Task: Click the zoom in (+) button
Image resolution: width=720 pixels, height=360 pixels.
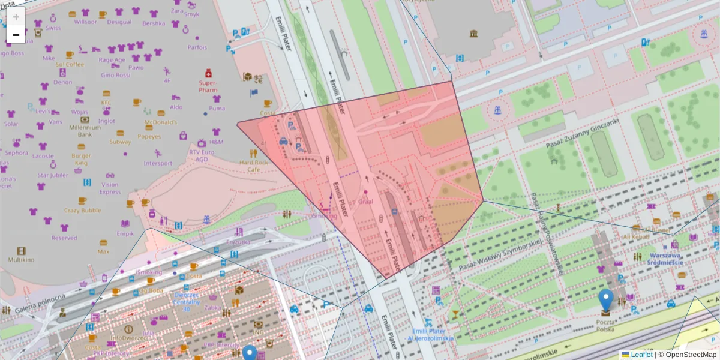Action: pyautogui.click(x=16, y=17)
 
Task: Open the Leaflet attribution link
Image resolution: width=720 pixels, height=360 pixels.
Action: pyautogui.click(x=641, y=355)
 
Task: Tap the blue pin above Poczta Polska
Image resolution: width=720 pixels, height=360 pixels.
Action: pyautogui.click(x=607, y=299)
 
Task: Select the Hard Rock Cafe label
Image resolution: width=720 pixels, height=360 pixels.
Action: pyautogui.click(x=254, y=166)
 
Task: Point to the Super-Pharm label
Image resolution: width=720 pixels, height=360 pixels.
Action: pyautogui.click(x=208, y=86)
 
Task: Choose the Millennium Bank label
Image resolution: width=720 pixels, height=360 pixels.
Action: pyautogui.click(x=85, y=131)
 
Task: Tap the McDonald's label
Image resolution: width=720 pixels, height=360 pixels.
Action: pyautogui.click(x=160, y=122)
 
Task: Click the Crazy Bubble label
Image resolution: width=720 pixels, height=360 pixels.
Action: pyautogui.click(x=82, y=211)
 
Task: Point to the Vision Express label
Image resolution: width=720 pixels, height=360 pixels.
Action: pyautogui.click(x=110, y=188)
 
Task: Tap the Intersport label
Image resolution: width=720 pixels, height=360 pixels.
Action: pyautogui.click(x=158, y=163)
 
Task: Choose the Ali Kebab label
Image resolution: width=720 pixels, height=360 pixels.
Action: pyautogui.click(x=636, y=236)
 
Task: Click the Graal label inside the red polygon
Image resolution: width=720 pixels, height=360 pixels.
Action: pyautogui.click(x=365, y=202)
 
